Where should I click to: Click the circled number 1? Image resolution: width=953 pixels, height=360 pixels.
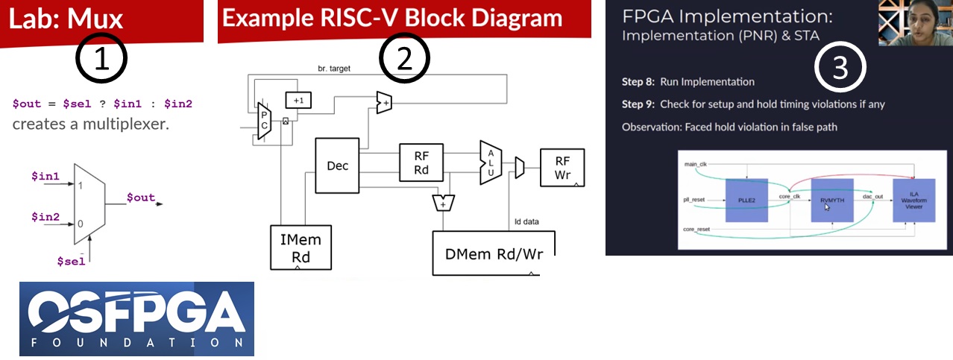click(101, 60)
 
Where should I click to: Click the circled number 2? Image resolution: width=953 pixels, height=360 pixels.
click(404, 59)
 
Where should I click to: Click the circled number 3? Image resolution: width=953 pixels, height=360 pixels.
click(840, 68)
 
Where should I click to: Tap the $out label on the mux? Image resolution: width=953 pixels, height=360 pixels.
click(140, 198)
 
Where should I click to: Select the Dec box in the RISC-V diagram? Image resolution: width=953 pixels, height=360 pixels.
click(338, 165)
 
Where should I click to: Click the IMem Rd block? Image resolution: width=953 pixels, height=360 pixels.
click(300, 248)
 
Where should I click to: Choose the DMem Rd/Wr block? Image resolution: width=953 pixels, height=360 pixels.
click(494, 253)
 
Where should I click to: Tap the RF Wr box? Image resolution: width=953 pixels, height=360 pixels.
click(562, 168)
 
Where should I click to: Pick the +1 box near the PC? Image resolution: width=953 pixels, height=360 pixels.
click(298, 100)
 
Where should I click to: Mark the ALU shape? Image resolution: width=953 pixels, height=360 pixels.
click(490, 162)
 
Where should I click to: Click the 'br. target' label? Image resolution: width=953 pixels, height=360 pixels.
click(333, 69)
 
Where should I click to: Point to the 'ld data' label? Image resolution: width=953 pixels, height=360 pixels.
click(526, 221)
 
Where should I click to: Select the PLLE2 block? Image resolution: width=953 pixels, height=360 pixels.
click(746, 200)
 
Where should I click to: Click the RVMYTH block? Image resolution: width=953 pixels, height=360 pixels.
click(831, 200)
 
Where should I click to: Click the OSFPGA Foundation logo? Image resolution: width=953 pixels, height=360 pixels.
click(136, 318)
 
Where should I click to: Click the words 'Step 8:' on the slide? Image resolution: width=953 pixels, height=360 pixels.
click(639, 81)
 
